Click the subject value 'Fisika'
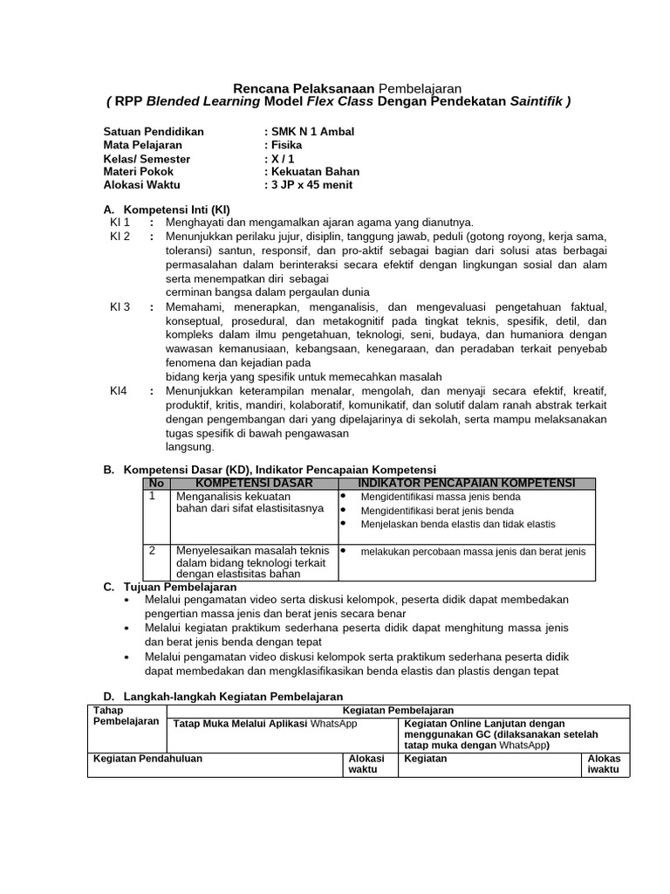click(x=286, y=145)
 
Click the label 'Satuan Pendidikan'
click(x=154, y=132)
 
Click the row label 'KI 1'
click(x=120, y=223)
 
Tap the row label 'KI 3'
click(x=120, y=307)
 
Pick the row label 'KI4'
click(x=118, y=391)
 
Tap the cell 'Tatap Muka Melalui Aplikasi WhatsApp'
click(x=265, y=724)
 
